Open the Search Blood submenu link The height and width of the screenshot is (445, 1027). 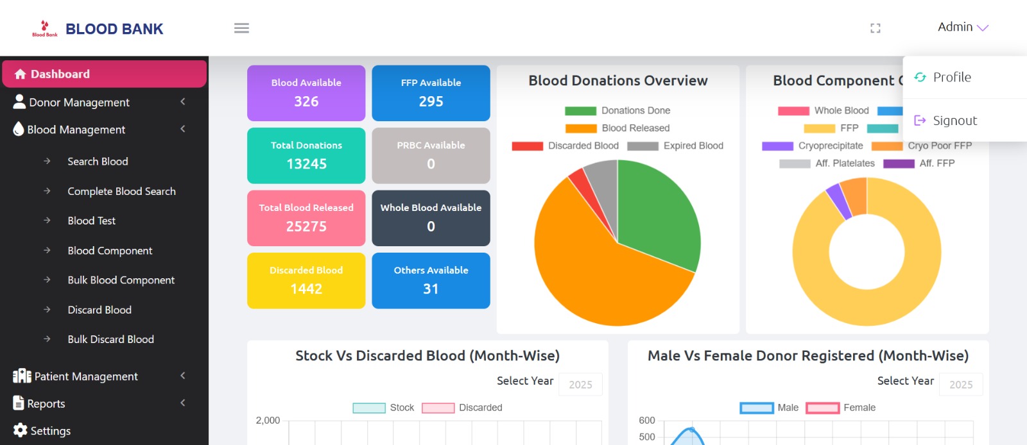[x=98, y=162]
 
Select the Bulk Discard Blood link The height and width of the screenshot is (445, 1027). [x=110, y=339]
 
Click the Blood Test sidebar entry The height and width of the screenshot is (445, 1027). [x=91, y=221]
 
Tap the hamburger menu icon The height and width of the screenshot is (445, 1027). [x=241, y=28]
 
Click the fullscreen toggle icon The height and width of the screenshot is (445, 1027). [x=875, y=28]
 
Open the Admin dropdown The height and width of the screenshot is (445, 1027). [x=962, y=27]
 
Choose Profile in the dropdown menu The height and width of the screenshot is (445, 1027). [x=951, y=78]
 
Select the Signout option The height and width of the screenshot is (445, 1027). [x=954, y=121]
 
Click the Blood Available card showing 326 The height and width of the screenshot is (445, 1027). [x=306, y=93]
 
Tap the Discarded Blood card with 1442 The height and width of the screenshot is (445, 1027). [x=306, y=281]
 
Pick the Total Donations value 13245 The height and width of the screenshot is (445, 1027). [x=306, y=164]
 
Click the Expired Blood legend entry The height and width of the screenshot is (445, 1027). [x=676, y=146]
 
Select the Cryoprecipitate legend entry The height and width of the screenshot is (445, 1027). [x=813, y=146]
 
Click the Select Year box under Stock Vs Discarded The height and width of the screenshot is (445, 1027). [x=580, y=385]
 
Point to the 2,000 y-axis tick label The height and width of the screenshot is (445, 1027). [x=268, y=421]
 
